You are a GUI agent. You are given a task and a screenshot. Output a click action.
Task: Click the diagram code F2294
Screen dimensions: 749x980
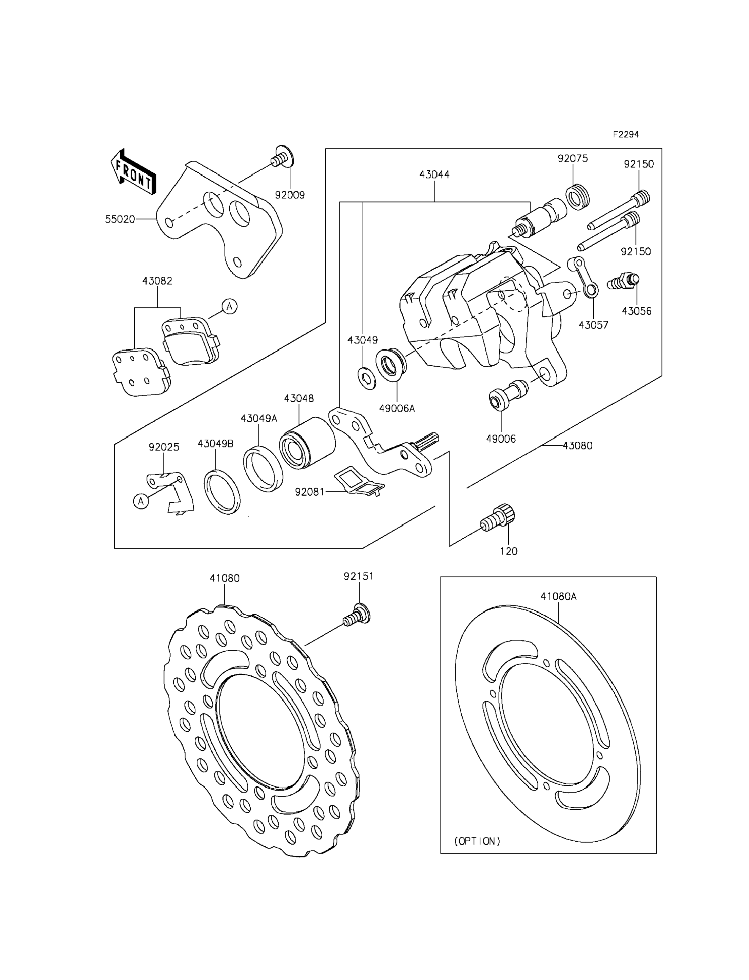[x=626, y=134]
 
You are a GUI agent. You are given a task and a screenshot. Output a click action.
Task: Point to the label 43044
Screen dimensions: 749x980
[x=434, y=175]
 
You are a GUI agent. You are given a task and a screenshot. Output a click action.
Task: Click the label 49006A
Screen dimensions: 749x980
[x=397, y=408]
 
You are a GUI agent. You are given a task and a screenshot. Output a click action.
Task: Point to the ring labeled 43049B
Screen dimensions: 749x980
[x=222, y=492]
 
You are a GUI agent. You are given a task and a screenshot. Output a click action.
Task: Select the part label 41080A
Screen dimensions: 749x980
[x=559, y=596]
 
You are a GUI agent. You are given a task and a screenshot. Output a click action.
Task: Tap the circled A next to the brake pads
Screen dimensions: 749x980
[x=230, y=306]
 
